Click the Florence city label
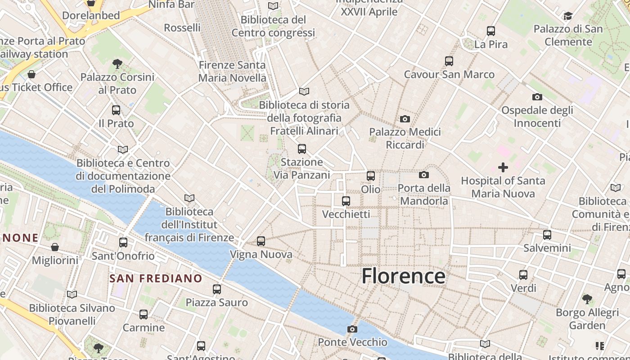(x=403, y=276)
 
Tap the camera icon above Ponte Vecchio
(x=352, y=329)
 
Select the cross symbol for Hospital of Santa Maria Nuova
(x=503, y=167)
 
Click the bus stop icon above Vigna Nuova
(x=261, y=241)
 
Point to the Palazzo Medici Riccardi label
(x=405, y=138)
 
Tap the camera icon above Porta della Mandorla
(x=424, y=175)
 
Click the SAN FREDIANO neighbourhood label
(x=156, y=279)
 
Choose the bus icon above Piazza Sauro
(x=217, y=289)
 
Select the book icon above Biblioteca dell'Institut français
(x=189, y=198)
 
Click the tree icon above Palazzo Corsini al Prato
(x=117, y=63)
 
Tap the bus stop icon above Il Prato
(x=116, y=110)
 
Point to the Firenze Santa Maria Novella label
(x=232, y=71)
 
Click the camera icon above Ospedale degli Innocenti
(x=537, y=97)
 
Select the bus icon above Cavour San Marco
(x=449, y=61)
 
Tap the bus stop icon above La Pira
(x=491, y=31)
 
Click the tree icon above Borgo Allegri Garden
(x=587, y=299)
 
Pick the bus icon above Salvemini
(x=547, y=234)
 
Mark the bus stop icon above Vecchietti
(x=346, y=201)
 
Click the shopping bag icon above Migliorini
(x=55, y=247)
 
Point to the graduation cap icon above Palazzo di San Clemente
(x=568, y=16)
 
